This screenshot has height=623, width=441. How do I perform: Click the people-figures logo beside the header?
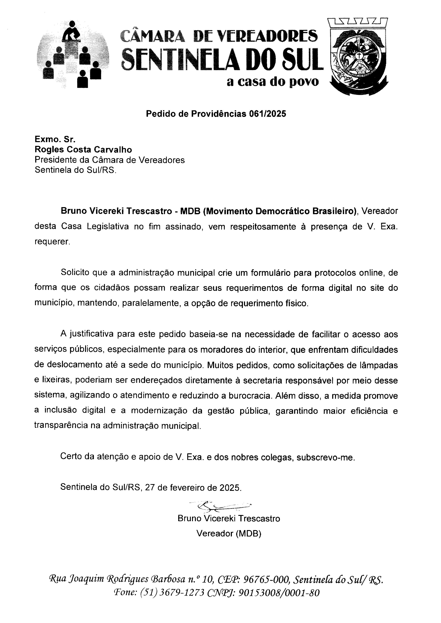73,55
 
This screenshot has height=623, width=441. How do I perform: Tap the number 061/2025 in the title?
267,114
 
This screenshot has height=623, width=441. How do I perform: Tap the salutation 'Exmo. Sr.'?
55,139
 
